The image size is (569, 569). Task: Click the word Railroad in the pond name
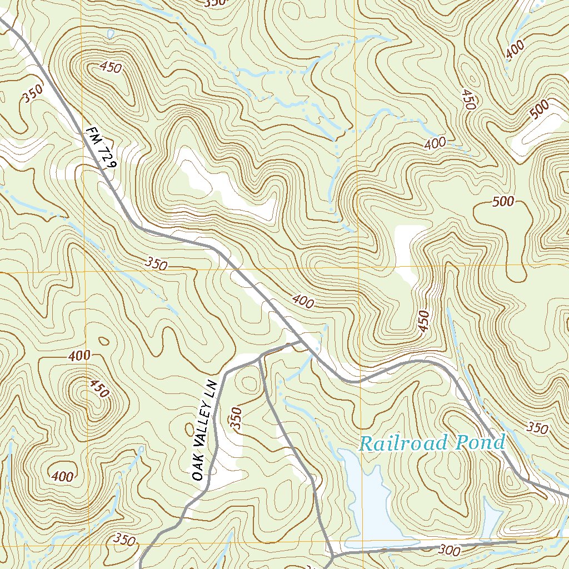pos(403,443)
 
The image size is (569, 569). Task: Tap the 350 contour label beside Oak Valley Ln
pos(237,418)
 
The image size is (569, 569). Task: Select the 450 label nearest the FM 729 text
pos(111,68)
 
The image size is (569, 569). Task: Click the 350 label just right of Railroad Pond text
pos(537,428)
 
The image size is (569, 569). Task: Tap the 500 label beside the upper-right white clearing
pos(538,109)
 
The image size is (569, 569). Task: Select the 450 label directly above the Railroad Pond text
pos(424,322)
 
